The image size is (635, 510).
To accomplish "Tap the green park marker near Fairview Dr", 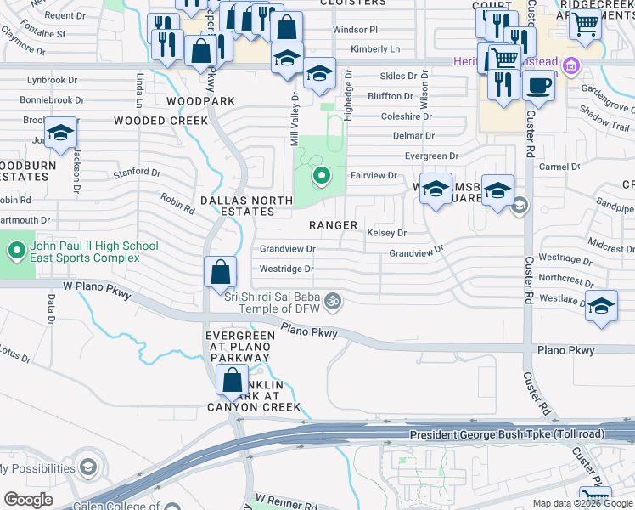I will [x=321, y=177].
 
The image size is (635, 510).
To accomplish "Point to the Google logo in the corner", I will [x=28, y=499].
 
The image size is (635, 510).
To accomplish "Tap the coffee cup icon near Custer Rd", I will [x=538, y=85].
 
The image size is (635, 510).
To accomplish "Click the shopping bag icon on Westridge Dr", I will [x=220, y=272].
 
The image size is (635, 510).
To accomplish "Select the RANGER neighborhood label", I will [x=333, y=225].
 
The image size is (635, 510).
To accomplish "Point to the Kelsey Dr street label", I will [x=386, y=233].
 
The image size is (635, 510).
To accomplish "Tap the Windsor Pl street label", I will [x=355, y=30].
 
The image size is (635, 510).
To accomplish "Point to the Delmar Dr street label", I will [x=413, y=136].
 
